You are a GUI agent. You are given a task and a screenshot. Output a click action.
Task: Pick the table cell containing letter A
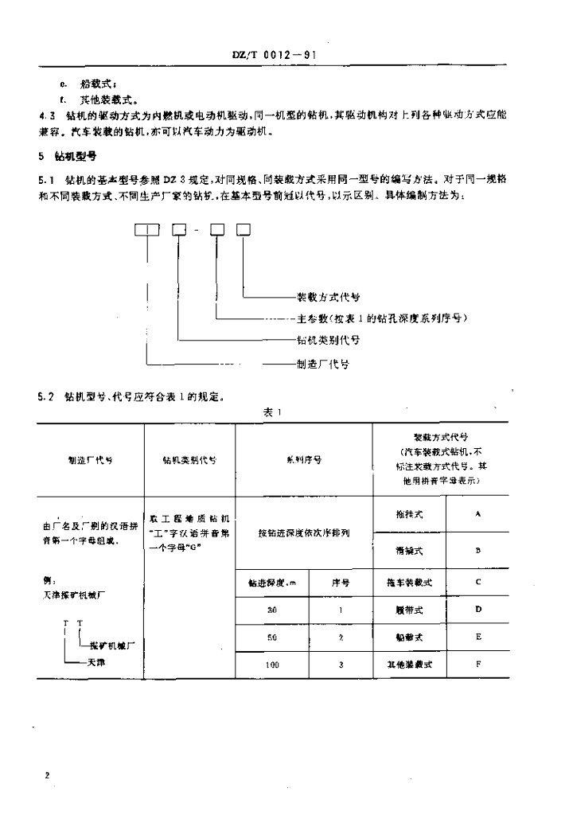pyautogui.click(x=478, y=514)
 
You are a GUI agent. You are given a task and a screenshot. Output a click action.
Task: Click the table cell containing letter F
pyautogui.click(x=478, y=663)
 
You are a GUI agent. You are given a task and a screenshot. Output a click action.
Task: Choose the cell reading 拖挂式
pyautogui.click(x=408, y=514)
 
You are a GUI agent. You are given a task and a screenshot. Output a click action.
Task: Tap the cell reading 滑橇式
pyautogui.click(x=408, y=550)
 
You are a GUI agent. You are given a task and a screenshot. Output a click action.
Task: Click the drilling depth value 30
pyautogui.click(x=272, y=610)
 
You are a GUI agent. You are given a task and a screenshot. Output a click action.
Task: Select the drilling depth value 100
pyautogui.click(x=272, y=664)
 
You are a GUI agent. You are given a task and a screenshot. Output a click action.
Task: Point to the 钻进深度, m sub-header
pyautogui.click(x=272, y=583)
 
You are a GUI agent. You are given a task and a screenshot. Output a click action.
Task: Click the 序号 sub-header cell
pyautogui.click(x=341, y=583)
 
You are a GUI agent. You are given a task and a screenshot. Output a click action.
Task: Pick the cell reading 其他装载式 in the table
pyautogui.click(x=409, y=663)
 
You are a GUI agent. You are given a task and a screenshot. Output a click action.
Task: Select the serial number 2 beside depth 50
pyautogui.click(x=341, y=638)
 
